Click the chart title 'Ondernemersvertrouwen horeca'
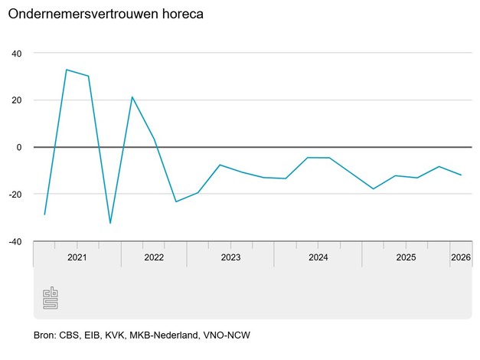point(106,15)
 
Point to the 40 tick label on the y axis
point(17,54)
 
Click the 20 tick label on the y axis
point(17,100)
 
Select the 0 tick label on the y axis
point(20,147)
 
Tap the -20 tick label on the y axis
point(15,195)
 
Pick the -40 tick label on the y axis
point(15,241)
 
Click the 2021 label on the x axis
point(77,258)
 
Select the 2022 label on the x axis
point(154,258)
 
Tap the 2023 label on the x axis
point(230,258)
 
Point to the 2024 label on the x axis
point(318,258)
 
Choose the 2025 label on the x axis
point(406,258)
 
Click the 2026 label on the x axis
point(461,258)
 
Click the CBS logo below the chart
point(50,299)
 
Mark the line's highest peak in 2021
point(67,70)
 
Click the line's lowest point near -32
point(110,223)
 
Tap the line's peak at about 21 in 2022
point(132,97)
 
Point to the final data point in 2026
point(461,175)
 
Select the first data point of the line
point(44,214)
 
